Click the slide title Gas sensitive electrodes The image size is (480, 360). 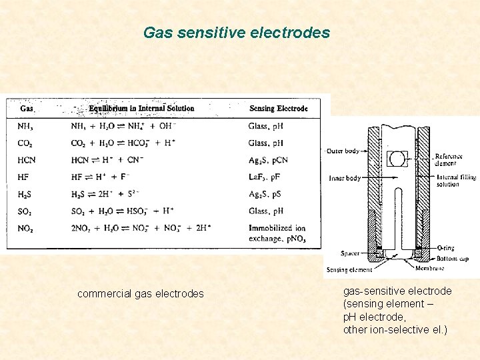tap(237, 32)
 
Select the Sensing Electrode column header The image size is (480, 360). tap(278, 109)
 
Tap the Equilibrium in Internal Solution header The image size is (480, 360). tap(141, 108)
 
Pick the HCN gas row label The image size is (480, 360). tap(27, 160)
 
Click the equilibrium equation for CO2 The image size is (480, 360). tap(123, 143)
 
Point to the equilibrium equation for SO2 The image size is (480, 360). tap(123, 211)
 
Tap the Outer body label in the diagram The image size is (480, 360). tap(343, 151)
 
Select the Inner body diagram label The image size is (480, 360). tap(345, 178)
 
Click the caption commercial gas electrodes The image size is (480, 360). tap(141, 293)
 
